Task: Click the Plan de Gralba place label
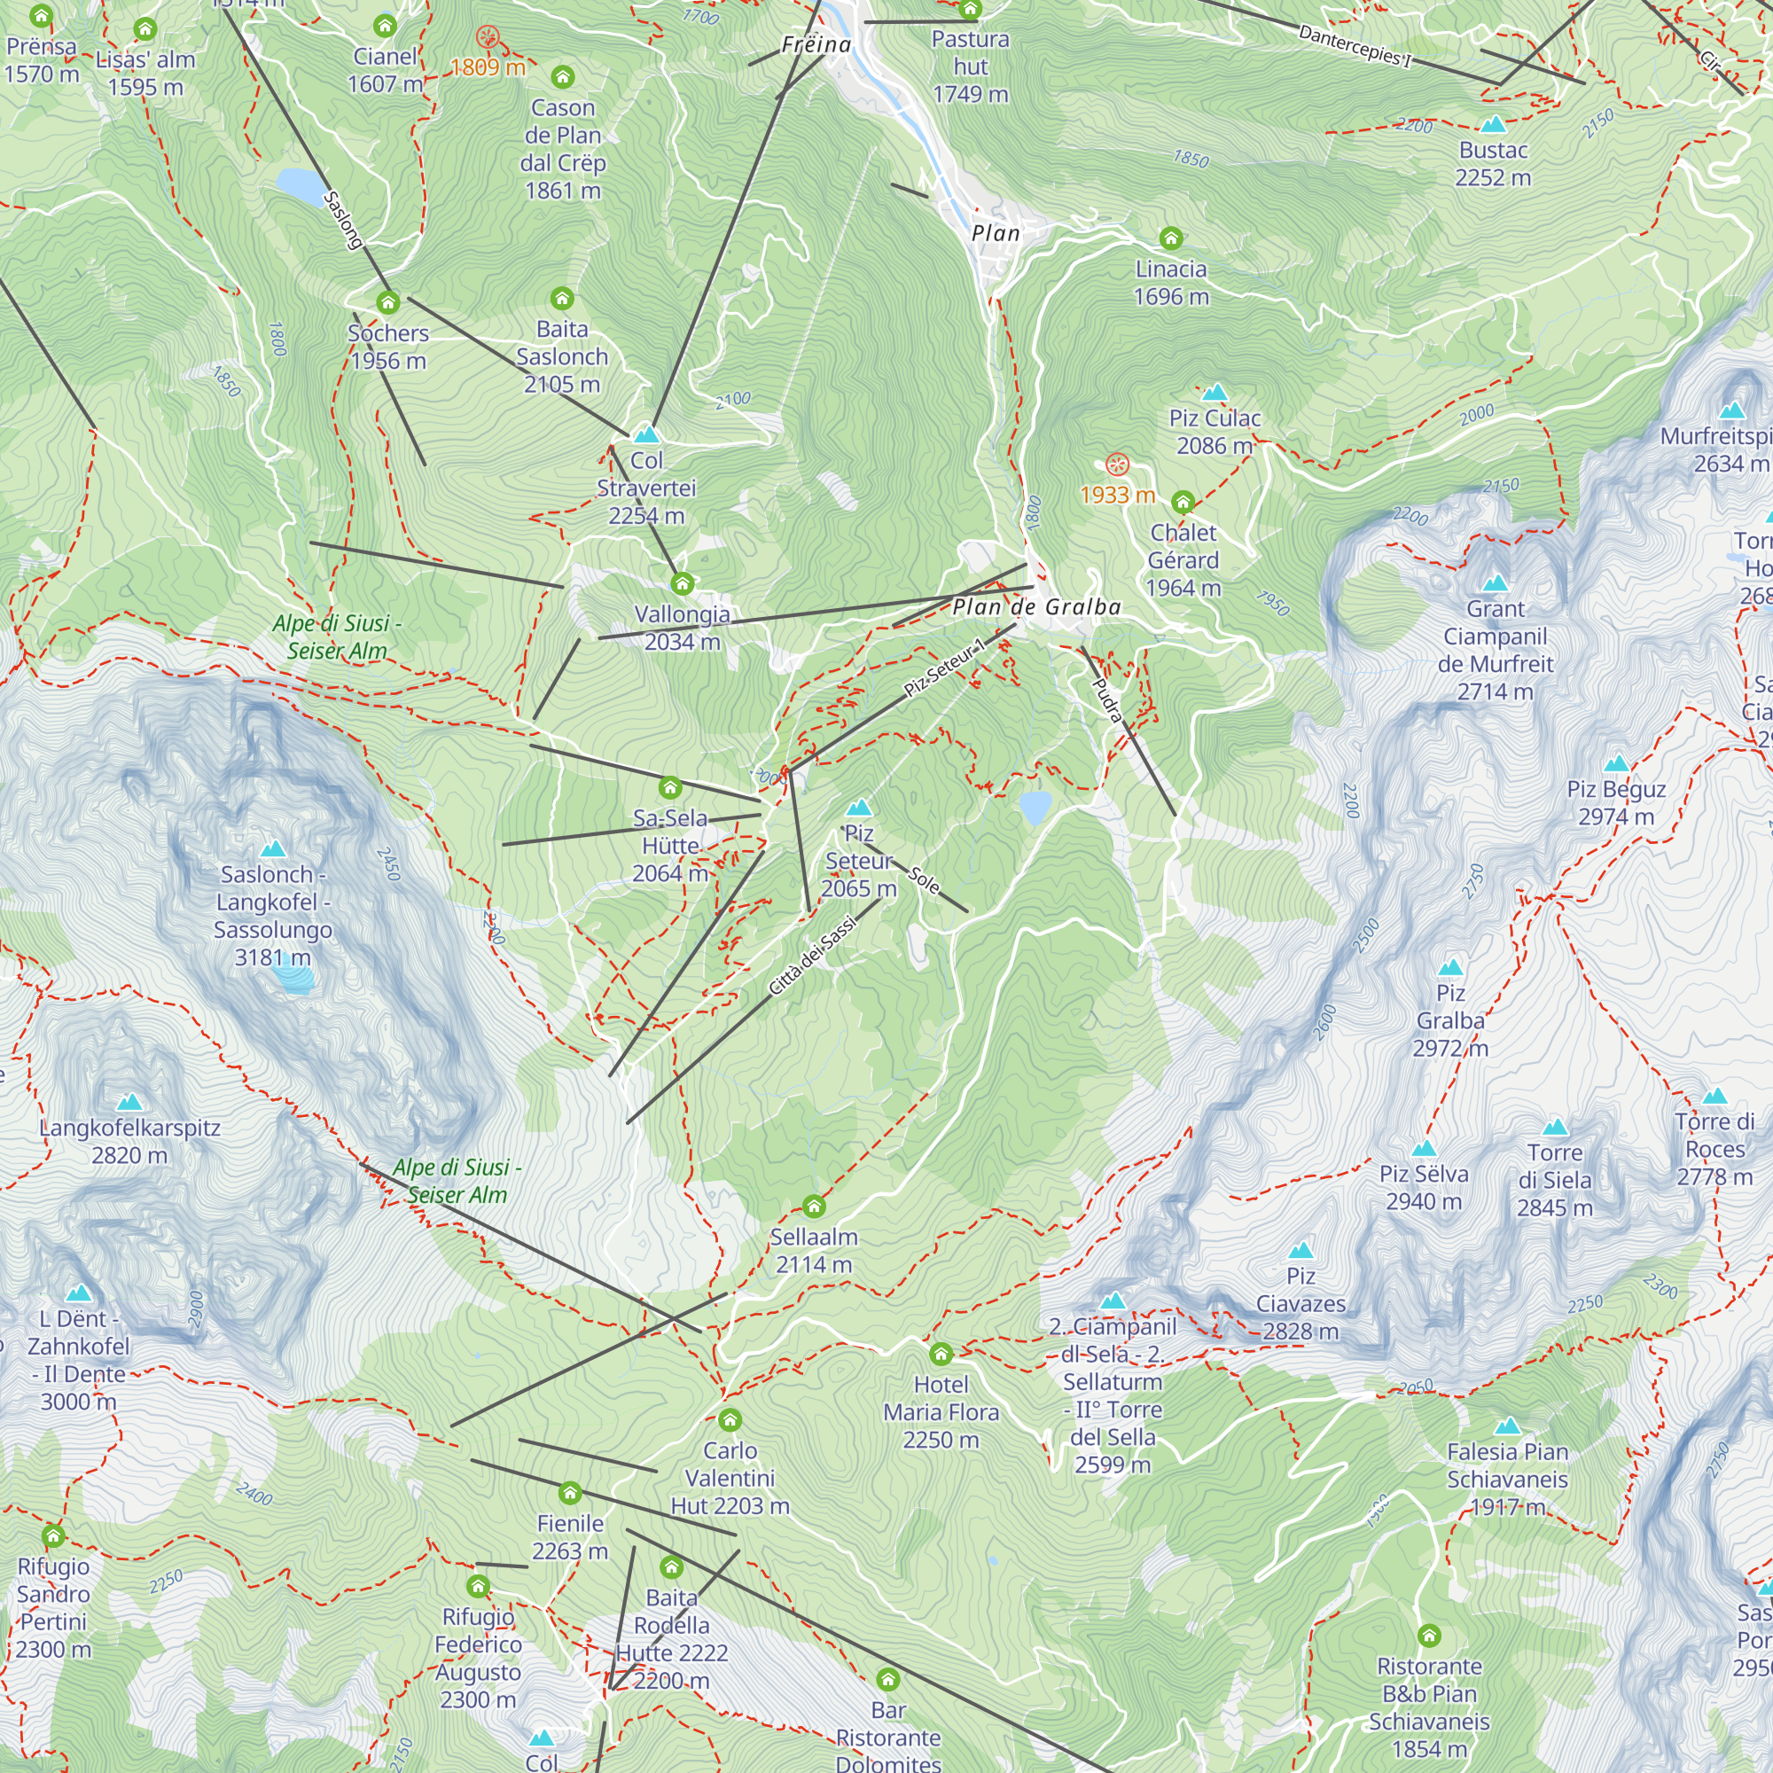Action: (1036, 606)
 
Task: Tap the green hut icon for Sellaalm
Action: (813, 1206)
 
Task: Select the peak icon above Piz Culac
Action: (1215, 393)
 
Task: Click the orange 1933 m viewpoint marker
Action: (1116, 465)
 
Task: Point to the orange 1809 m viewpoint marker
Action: (488, 37)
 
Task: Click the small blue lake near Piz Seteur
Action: (1035, 808)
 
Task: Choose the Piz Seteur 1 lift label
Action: (943, 668)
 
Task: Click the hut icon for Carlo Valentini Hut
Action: (730, 1420)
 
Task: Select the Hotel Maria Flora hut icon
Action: (941, 1354)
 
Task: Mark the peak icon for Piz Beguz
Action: (1616, 763)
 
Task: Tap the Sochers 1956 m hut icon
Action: (388, 302)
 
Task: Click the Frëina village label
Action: (816, 44)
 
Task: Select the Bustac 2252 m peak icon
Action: (1493, 124)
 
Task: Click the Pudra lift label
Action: (1106, 700)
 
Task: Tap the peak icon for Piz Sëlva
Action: (1424, 1149)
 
